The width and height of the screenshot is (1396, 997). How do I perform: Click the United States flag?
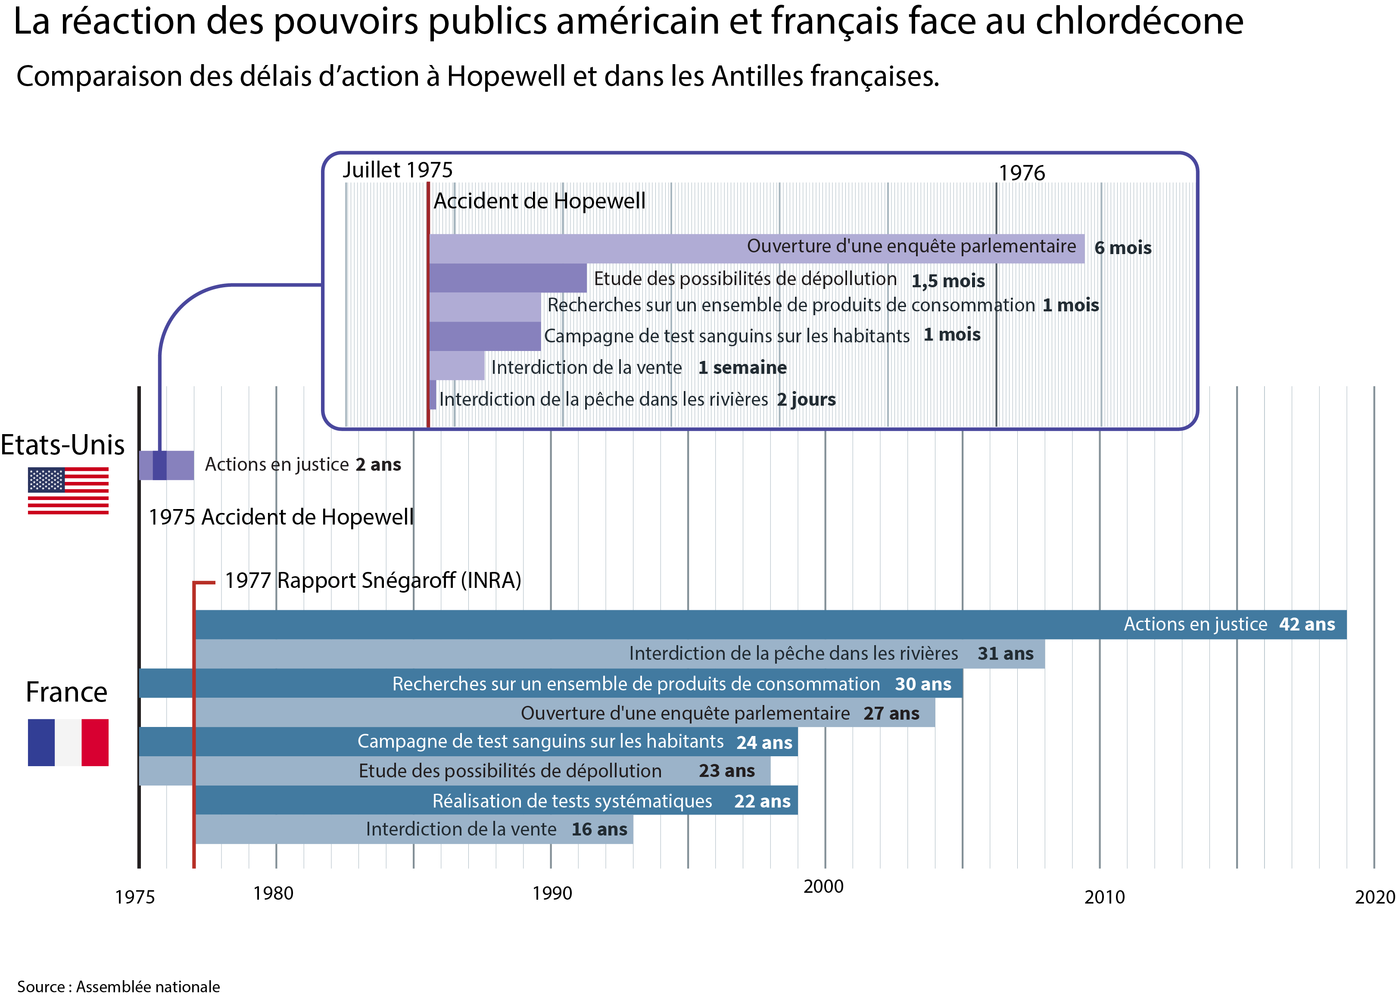coord(68,491)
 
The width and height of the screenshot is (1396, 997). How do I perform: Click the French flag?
coord(68,742)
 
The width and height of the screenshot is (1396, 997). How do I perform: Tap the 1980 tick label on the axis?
coord(273,893)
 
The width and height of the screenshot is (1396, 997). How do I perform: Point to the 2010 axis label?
coord(1104,897)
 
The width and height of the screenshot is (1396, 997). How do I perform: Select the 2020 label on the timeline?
coord(1374,897)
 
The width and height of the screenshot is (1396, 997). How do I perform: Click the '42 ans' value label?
coord(1306,624)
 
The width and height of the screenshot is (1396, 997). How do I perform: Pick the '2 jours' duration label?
coord(806,400)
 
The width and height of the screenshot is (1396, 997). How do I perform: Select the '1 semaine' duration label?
coord(742,368)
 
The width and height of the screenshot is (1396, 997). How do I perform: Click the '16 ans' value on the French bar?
coord(599,829)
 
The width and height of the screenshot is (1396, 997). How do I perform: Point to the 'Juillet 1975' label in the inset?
coord(397,170)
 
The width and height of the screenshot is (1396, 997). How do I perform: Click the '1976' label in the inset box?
coord(1021,173)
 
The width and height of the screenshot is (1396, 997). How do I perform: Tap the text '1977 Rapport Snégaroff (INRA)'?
coord(373,580)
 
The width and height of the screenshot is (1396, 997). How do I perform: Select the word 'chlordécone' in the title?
coord(1139,22)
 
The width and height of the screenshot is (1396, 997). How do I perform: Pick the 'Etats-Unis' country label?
coord(62,444)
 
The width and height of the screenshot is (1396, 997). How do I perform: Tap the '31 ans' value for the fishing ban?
coord(1005,654)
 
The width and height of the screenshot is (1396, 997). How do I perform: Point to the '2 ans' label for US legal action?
coord(378,465)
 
